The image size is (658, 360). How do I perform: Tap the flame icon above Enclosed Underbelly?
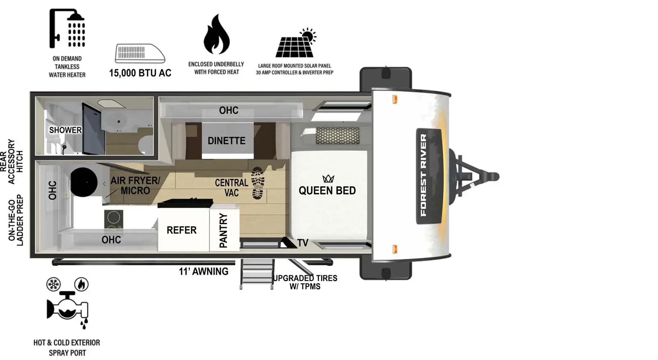point(216,35)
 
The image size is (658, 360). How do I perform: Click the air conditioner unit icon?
point(140,53)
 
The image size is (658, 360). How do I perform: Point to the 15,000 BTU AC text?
point(140,73)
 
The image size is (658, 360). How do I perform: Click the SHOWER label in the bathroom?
point(65,130)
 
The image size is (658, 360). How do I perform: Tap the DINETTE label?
point(226,141)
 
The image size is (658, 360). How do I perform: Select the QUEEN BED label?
point(327,190)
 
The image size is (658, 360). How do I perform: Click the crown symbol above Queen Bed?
point(328,179)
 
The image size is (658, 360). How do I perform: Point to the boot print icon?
point(258,183)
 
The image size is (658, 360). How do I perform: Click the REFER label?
point(181,230)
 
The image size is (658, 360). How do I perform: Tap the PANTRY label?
point(223,230)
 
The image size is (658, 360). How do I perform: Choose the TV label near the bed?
point(303,243)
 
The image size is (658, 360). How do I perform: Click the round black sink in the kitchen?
point(84,182)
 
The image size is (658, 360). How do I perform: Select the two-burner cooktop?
point(114,221)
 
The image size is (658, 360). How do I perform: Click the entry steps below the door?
point(257,274)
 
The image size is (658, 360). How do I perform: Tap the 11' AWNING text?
point(203,272)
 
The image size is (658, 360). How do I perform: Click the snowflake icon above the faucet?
point(53,284)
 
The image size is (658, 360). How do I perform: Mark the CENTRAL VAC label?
point(232,188)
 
